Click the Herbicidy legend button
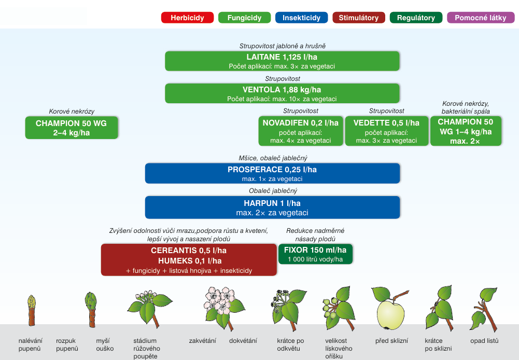[187, 18]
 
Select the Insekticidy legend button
[301, 18]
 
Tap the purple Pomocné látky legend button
[481, 18]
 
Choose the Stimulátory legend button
[359, 18]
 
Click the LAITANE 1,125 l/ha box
[282, 61]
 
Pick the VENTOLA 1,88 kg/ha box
[282, 93]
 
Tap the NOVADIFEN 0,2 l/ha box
[301, 131]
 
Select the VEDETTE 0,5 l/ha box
[386, 131]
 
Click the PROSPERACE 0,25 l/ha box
[272, 173]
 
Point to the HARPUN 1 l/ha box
[272, 207]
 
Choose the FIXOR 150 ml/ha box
[315, 254]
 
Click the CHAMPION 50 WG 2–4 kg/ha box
[72, 128]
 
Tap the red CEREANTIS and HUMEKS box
[189, 259]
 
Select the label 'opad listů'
[484, 341]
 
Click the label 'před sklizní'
[391, 341]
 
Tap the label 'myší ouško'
[105, 344]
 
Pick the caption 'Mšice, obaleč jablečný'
[272, 158]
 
